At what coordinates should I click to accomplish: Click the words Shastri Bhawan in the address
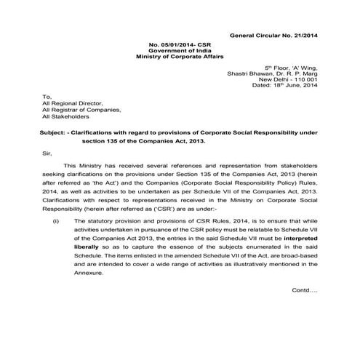pyautogui.click(x=263, y=73)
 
